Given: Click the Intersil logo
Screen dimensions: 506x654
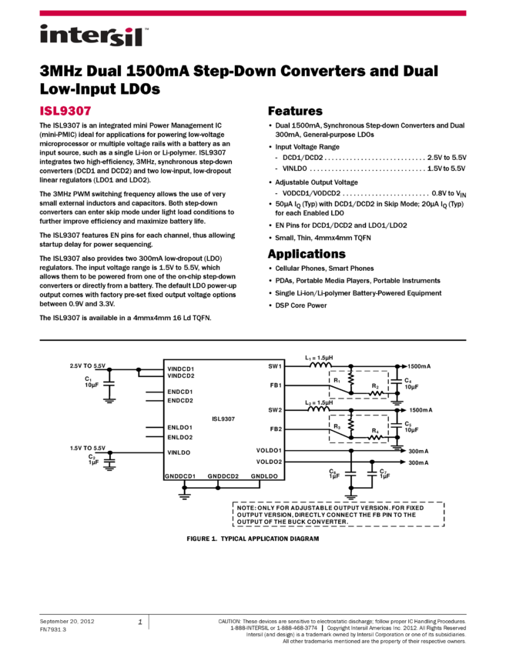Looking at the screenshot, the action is (94, 36).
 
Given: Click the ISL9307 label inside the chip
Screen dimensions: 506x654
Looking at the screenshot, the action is (223, 419).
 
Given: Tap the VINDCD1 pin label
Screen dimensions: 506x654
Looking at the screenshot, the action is (180, 369).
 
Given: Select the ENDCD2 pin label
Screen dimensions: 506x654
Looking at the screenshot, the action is (180, 401).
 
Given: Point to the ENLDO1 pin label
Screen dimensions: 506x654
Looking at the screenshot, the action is (180, 428).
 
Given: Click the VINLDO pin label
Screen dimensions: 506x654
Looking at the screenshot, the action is (179, 452).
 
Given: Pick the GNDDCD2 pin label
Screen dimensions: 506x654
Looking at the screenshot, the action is (223, 476).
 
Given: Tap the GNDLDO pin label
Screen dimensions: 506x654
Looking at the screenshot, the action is (264, 476).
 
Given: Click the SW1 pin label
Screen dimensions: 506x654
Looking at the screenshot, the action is (275, 366).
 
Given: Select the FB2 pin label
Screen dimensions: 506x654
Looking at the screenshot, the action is (276, 429).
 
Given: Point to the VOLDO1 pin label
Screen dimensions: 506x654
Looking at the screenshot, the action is (270, 451).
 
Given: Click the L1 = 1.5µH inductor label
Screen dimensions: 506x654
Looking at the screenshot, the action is (319, 358).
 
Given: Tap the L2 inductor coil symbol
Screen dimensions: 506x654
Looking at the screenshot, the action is (320, 409).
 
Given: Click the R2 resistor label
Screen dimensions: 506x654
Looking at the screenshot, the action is (375, 386).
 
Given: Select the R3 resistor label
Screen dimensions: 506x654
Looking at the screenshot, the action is (337, 425).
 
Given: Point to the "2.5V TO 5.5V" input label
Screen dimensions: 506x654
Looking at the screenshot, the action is (88, 365).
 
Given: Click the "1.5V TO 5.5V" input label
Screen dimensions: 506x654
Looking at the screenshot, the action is (88, 448).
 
